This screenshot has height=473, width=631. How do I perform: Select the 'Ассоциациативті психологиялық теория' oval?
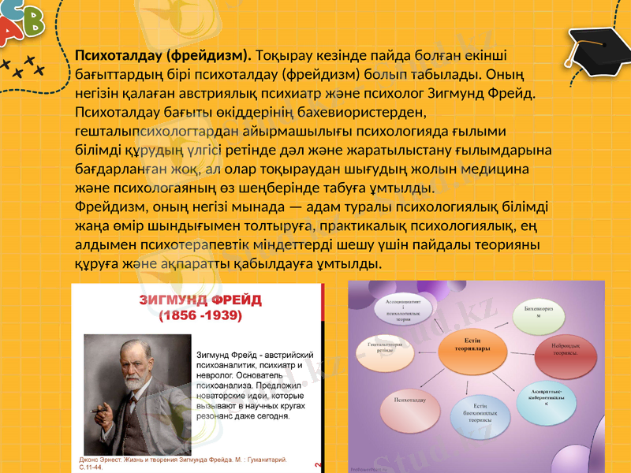tap(402, 311)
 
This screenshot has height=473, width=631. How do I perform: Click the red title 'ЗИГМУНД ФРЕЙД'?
tap(200, 300)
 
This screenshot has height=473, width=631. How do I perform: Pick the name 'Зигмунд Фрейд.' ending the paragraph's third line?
tap(492, 94)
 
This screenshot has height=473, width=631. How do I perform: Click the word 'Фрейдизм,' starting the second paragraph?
tap(107, 207)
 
